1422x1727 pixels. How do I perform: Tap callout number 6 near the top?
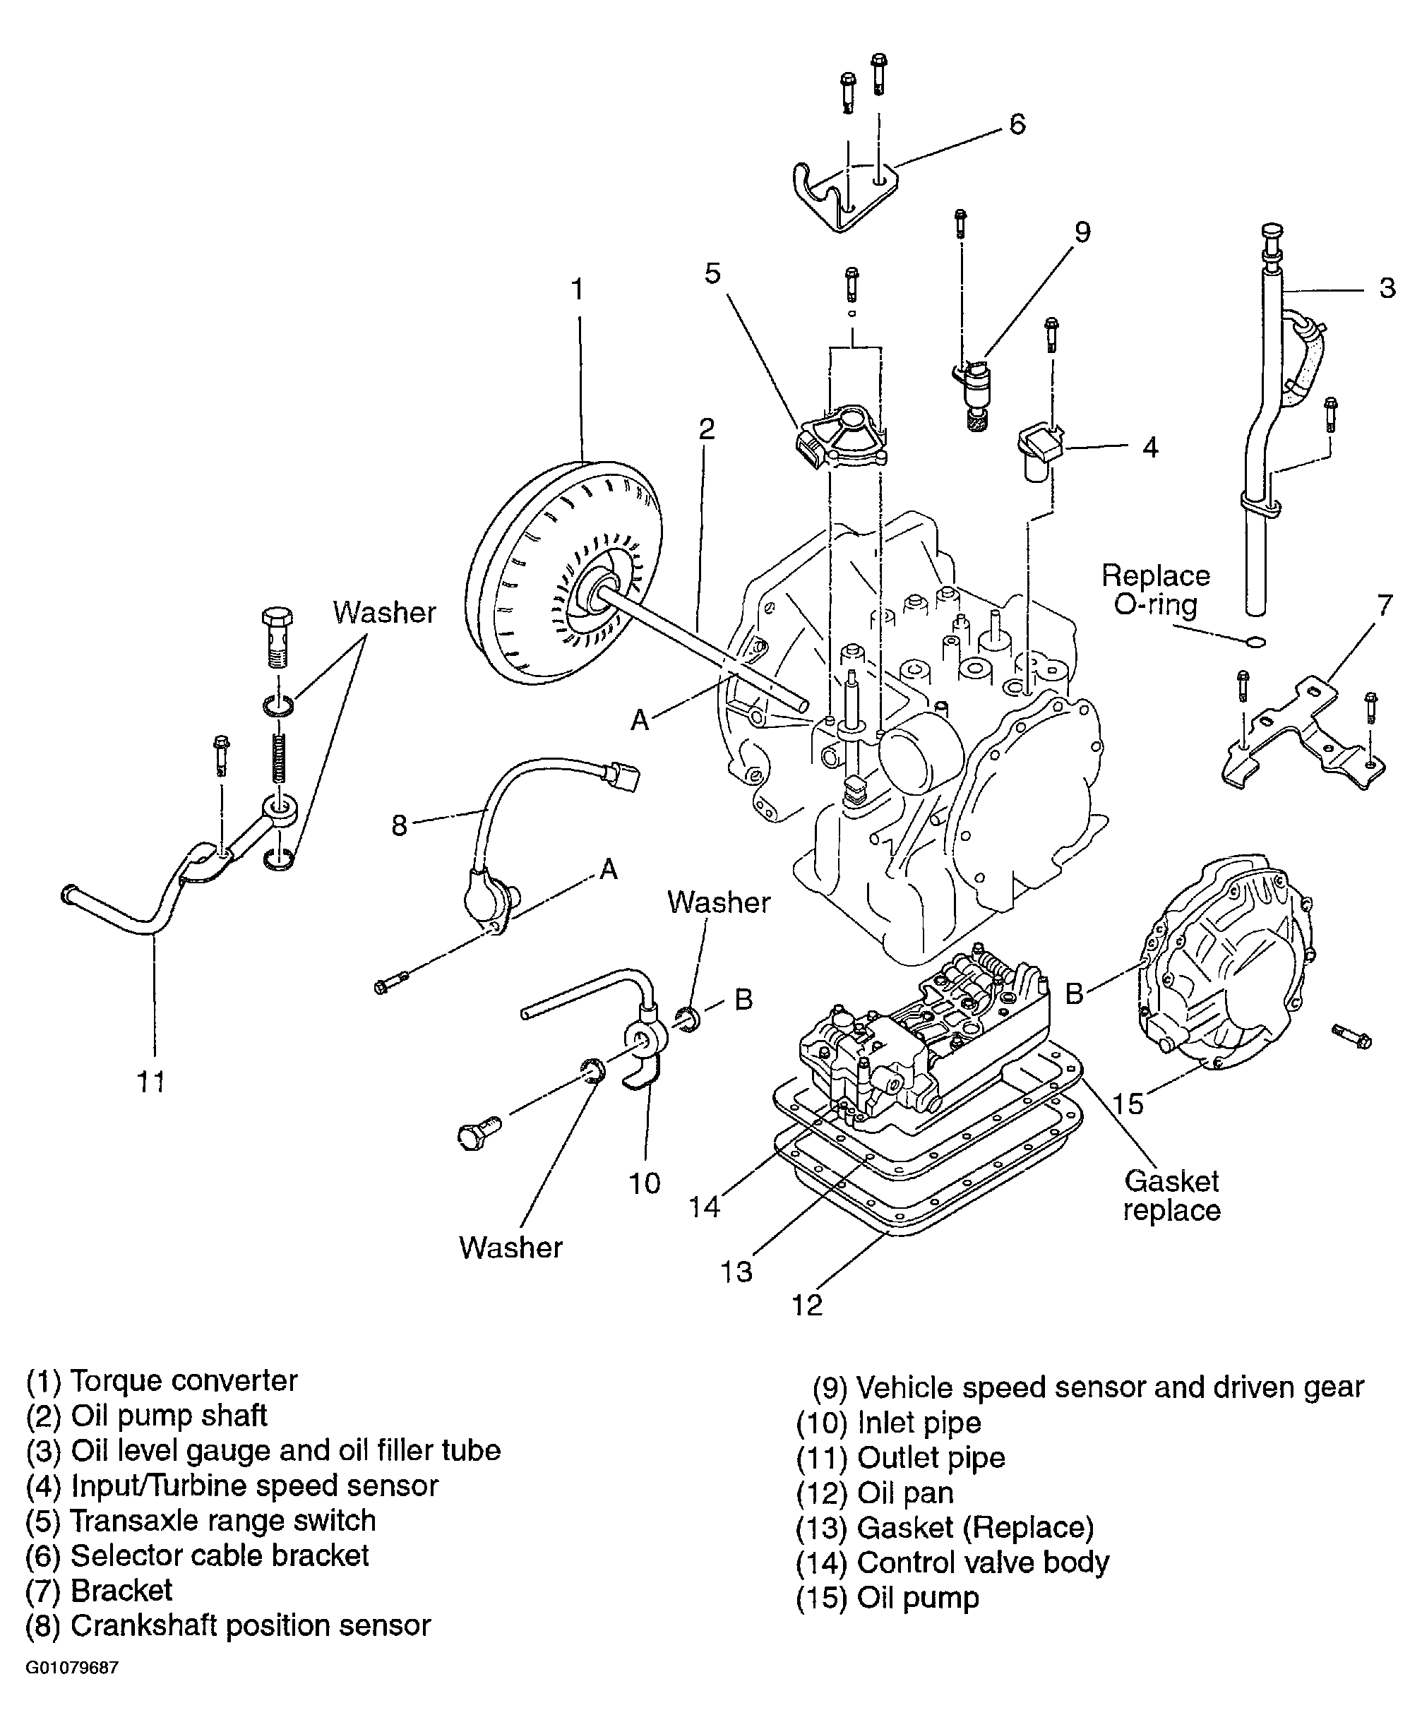(x=1017, y=124)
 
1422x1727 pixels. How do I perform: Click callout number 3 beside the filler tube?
(x=1387, y=287)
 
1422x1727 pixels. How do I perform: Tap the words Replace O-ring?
(x=1155, y=590)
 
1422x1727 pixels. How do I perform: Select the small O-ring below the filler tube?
(x=1254, y=642)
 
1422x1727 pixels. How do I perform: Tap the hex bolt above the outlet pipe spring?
(x=277, y=635)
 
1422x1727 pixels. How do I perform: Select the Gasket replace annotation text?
(x=1171, y=1195)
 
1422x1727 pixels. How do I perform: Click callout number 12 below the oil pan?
(x=807, y=1305)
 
